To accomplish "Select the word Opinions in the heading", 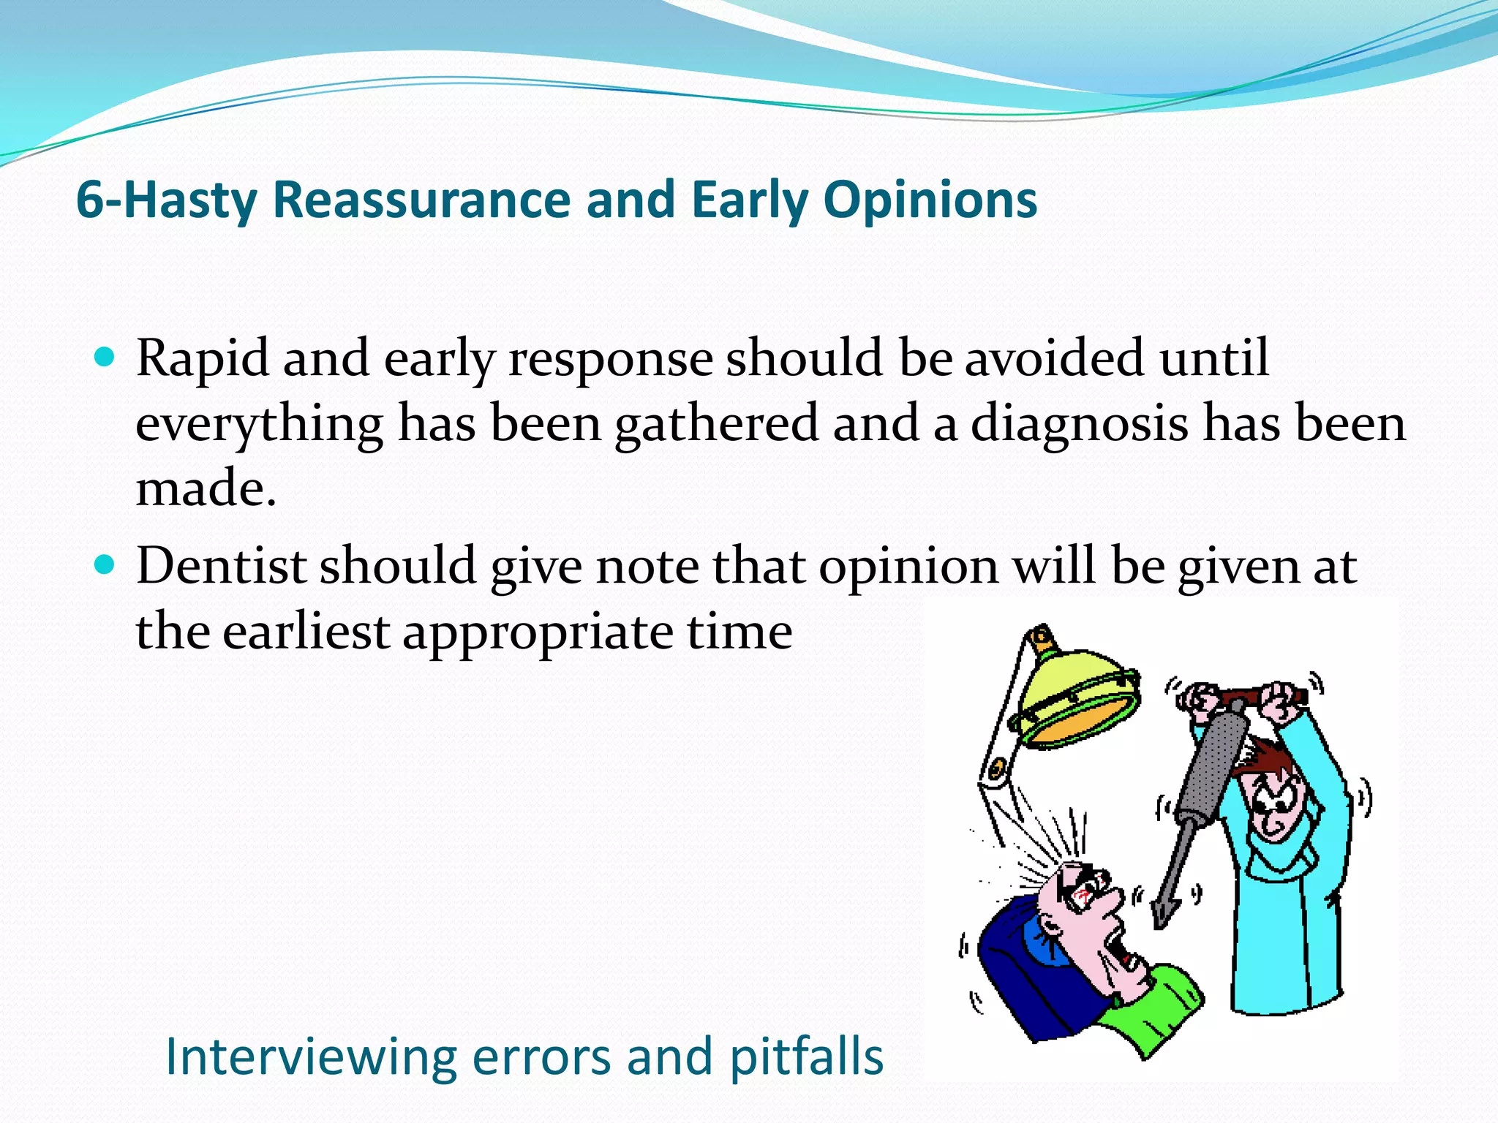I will tap(930, 200).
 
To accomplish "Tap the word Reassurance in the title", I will tap(421, 200).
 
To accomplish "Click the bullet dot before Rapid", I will tap(106, 358).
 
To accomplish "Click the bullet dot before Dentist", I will tap(106, 565).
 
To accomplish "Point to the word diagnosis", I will tap(1078, 424).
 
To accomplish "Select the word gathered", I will tap(715, 424).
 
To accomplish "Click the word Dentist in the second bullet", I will tap(221, 566).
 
